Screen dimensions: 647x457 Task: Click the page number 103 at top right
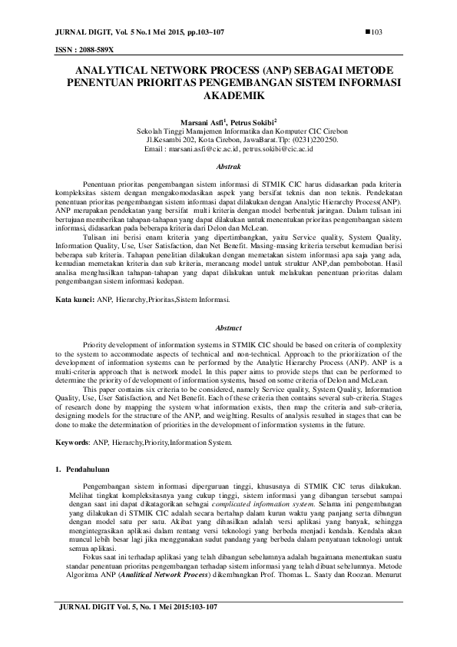[377, 32]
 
